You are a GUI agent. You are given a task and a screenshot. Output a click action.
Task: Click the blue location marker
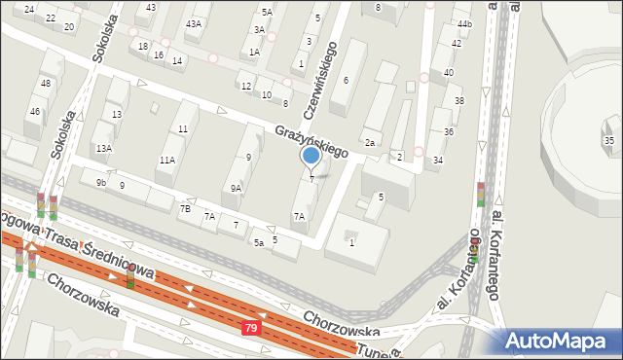click(311, 156)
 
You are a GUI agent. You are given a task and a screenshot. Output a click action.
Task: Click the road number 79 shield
click(251, 331)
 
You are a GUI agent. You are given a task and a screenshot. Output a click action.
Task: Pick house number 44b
click(463, 24)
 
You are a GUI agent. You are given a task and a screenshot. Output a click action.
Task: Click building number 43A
click(194, 23)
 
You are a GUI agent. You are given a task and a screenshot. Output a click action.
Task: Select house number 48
click(46, 84)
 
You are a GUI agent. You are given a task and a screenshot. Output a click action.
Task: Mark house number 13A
click(103, 149)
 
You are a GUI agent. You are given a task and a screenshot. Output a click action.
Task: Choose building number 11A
click(167, 160)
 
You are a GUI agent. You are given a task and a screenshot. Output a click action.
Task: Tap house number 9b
click(100, 183)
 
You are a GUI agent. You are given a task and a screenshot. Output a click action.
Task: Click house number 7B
click(185, 208)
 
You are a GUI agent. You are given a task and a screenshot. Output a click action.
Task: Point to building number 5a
click(258, 242)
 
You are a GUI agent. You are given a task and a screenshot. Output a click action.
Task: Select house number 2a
click(370, 143)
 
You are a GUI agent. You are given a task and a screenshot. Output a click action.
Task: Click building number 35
click(608, 141)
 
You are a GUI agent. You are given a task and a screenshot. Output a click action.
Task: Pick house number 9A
click(236, 189)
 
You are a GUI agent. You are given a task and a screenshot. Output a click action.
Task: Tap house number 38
click(458, 101)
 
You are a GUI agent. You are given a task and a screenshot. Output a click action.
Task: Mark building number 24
click(29, 10)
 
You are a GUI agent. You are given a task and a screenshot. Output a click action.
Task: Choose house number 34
click(438, 161)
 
